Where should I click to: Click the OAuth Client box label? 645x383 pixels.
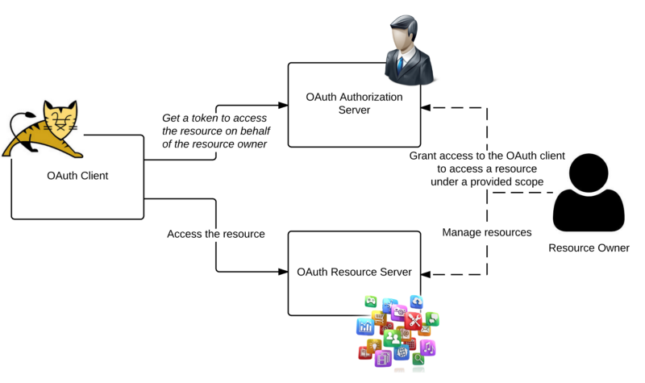coord(78,176)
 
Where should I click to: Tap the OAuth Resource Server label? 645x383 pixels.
coord(354,272)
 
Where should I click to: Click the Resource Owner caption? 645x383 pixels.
coord(589,248)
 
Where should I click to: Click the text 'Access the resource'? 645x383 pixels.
coord(216,234)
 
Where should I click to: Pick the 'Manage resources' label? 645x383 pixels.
coord(487,232)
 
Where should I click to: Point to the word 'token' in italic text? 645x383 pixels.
coord(207,119)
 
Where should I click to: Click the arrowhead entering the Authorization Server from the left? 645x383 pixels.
coord(283,105)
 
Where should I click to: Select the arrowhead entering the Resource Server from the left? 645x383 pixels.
coord(283,271)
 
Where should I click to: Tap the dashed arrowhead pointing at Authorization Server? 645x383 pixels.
coord(431,106)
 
